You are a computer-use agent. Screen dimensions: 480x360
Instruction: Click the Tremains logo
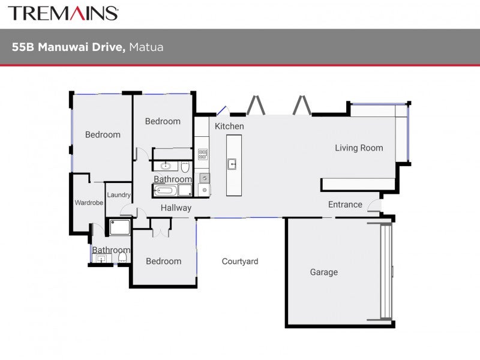[x=63, y=13]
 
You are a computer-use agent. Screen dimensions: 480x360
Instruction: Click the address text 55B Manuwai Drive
[x=68, y=47]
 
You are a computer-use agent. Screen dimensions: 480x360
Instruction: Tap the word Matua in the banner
[x=146, y=47]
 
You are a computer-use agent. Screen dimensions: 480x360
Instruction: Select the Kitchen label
[x=229, y=126]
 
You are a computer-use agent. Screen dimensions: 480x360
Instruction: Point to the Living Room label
[x=359, y=148]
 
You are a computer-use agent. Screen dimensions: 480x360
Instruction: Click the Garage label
[x=324, y=272]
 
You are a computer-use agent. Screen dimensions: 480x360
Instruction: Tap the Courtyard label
[x=240, y=261]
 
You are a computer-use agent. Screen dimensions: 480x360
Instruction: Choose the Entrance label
[x=345, y=205]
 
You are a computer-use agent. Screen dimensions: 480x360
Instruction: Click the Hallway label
[x=176, y=208]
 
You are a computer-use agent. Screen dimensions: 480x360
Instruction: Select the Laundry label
[x=119, y=194]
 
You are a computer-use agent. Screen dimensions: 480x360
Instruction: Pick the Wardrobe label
[x=89, y=203]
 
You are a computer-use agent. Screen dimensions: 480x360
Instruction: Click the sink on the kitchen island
[x=232, y=164]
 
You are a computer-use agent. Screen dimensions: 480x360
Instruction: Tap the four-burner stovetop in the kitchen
[x=203, y=154]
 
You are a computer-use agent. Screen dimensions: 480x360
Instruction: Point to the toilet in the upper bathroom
[x=185, y=167]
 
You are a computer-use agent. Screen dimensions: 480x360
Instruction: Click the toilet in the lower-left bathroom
[x=122, y=257]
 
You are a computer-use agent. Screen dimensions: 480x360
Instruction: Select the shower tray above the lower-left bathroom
[x=119, y=227]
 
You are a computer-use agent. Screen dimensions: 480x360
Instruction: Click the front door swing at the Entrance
[x=374, y=205]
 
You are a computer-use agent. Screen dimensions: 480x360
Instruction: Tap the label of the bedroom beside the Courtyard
[x=163, y=261]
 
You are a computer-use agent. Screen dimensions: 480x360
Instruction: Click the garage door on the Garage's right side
[x=386, y=272]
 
